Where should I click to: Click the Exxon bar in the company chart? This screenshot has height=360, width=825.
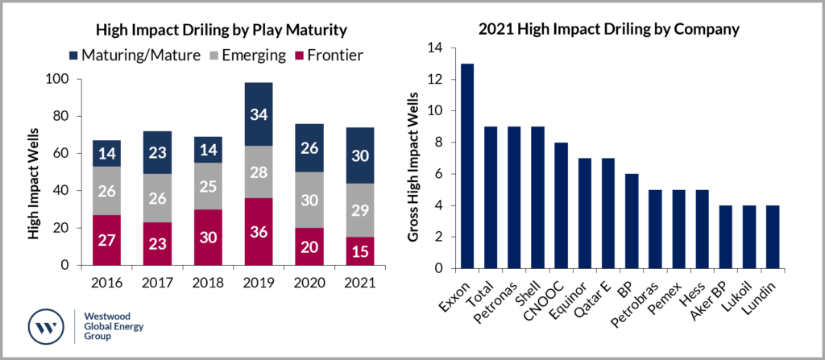tap(466, 166)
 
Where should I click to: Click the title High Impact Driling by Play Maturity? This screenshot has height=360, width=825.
tap(221, 31)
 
